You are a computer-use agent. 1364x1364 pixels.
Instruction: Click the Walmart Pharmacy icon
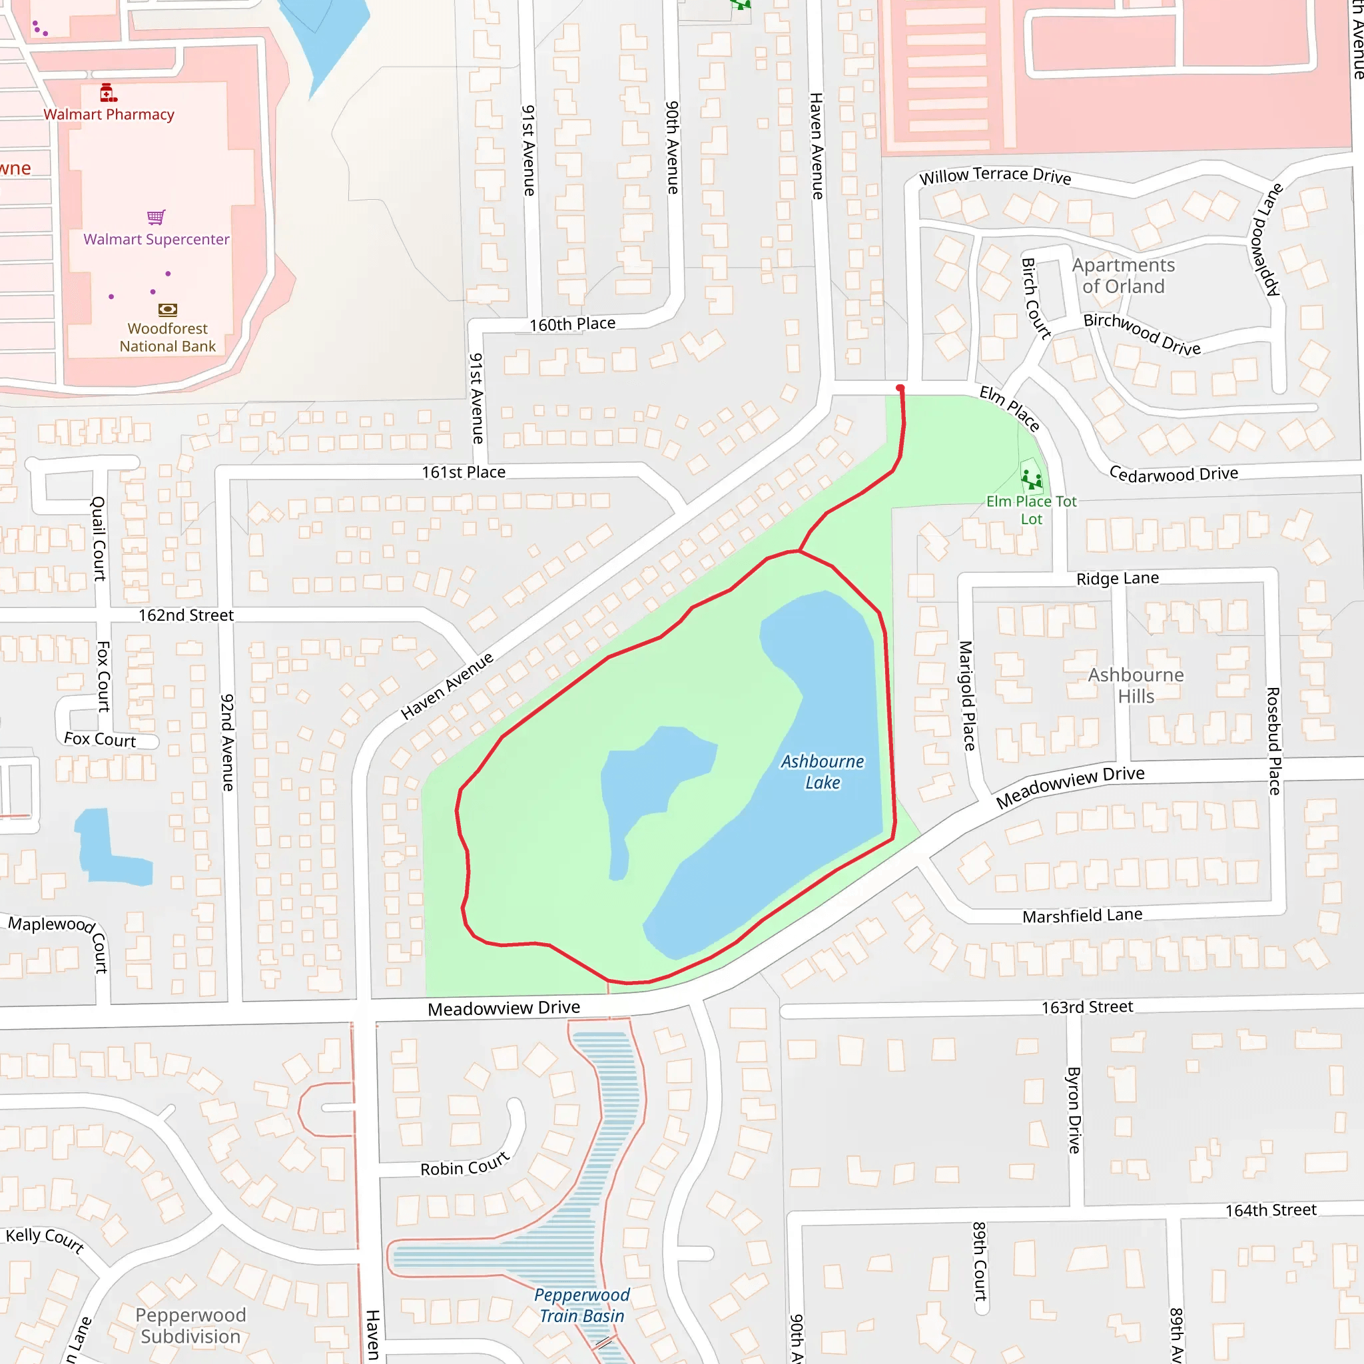click(x=107, y=93)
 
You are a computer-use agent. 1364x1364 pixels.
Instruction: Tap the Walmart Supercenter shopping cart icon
click(x=156, y=216)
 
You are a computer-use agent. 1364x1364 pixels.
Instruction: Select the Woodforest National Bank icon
click(x=167, y=309)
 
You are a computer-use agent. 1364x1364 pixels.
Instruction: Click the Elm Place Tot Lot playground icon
click(x=1032, y=480)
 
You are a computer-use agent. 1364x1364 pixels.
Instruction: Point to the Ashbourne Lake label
click(x=823, y=772)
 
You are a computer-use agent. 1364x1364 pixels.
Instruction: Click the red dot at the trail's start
click(x=900, y=388)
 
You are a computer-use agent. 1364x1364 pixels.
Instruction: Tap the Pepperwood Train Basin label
click(x=581, y=1305)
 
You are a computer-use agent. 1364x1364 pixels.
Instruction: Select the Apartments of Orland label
click(x=1124, y=275)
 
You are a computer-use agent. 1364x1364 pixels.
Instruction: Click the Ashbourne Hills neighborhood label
click(x=1136, y=685)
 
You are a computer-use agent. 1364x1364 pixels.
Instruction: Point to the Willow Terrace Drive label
click(x=995, y=175)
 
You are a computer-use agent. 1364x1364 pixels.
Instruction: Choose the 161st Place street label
click(x=463, y=472)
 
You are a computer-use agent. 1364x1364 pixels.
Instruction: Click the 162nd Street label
click(x=186, y=615)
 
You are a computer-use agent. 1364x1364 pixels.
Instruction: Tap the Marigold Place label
click(x=966, y=695)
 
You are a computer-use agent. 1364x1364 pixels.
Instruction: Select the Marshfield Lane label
click(x=1082, y=916)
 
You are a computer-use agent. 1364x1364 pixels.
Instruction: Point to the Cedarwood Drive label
click(x=1174, y=474)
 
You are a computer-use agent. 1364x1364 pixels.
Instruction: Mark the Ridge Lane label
click(x=1118, y=579)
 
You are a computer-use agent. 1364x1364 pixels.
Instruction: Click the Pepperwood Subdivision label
click(x=190, y=1326)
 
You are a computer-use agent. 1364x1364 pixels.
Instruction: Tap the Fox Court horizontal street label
click(x=99, y=739)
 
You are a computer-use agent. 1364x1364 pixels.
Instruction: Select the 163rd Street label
click(x=1087, y=1008)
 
